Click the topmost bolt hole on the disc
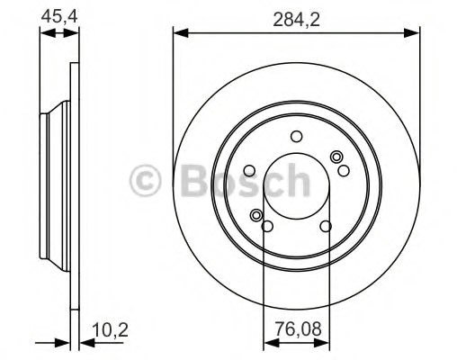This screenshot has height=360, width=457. [296, 136]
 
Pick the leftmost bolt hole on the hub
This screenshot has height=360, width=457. [249, 170]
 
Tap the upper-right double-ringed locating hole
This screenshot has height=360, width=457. [336, 157]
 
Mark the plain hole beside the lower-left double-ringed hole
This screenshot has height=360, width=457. [267, 225]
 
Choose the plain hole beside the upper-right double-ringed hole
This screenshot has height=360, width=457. [343, 169]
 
